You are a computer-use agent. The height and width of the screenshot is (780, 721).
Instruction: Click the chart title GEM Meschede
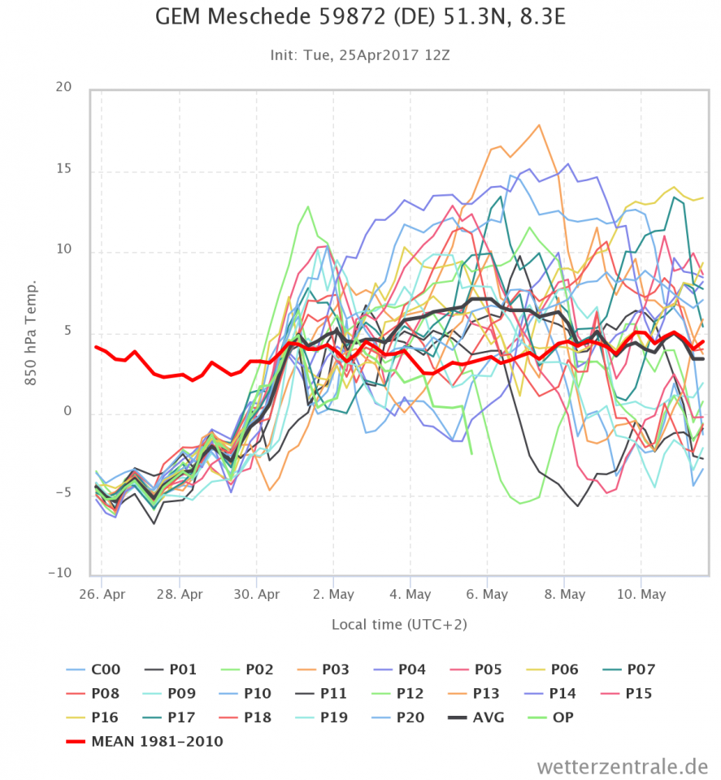(x=360, y=17)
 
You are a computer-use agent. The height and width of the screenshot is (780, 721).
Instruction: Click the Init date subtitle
(x=360, y=55)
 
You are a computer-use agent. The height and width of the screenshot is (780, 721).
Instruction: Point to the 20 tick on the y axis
(x=63, y=88)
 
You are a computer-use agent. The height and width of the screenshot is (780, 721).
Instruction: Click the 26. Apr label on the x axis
(x=102, y=595)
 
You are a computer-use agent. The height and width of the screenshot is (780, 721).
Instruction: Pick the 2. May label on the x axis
(x=333, y=595)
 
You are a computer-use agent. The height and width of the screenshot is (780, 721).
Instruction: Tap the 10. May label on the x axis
(x=641, y=595)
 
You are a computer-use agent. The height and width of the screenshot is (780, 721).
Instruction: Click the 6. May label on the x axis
(x=487, y=595)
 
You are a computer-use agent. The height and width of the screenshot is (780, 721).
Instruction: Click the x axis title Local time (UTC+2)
(x=399, y=625)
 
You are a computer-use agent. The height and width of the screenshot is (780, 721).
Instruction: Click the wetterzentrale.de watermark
(x=622, y=765)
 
